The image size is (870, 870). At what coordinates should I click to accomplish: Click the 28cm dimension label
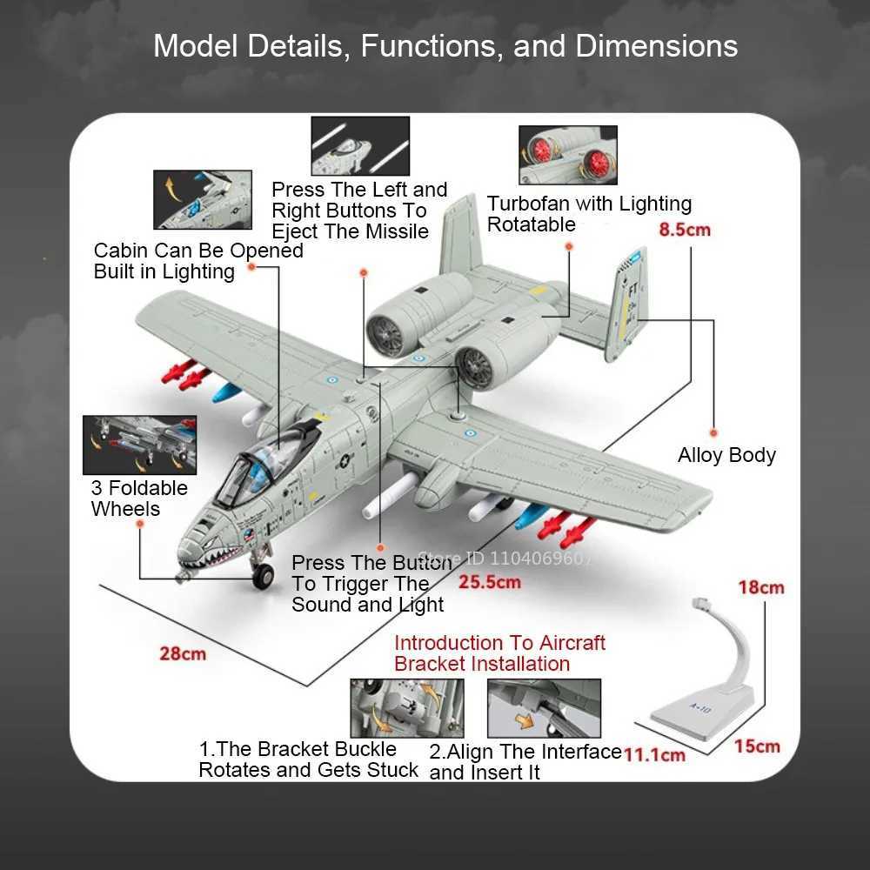tap(183, 652)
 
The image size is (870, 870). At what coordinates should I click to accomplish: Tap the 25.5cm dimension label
tap(490, 581)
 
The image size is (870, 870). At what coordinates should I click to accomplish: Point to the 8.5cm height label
tap(685, 230)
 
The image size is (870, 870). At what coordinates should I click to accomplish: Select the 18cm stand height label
tap(760, 587)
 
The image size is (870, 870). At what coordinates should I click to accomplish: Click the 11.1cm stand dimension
tap(654, 753)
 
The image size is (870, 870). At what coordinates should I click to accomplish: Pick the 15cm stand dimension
tap(756, 746)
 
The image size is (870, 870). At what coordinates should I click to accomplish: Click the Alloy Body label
tap(726, 455)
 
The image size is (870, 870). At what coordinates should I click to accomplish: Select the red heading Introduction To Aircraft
tap(499, 643)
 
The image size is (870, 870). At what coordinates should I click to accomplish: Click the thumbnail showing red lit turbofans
tap(567, 155)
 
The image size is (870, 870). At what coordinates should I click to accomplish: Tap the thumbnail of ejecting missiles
tap(359, 144)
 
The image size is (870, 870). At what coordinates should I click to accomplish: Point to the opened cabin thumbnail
tap(202, 199)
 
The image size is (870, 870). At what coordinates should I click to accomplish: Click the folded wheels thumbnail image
tap(139, 445)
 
